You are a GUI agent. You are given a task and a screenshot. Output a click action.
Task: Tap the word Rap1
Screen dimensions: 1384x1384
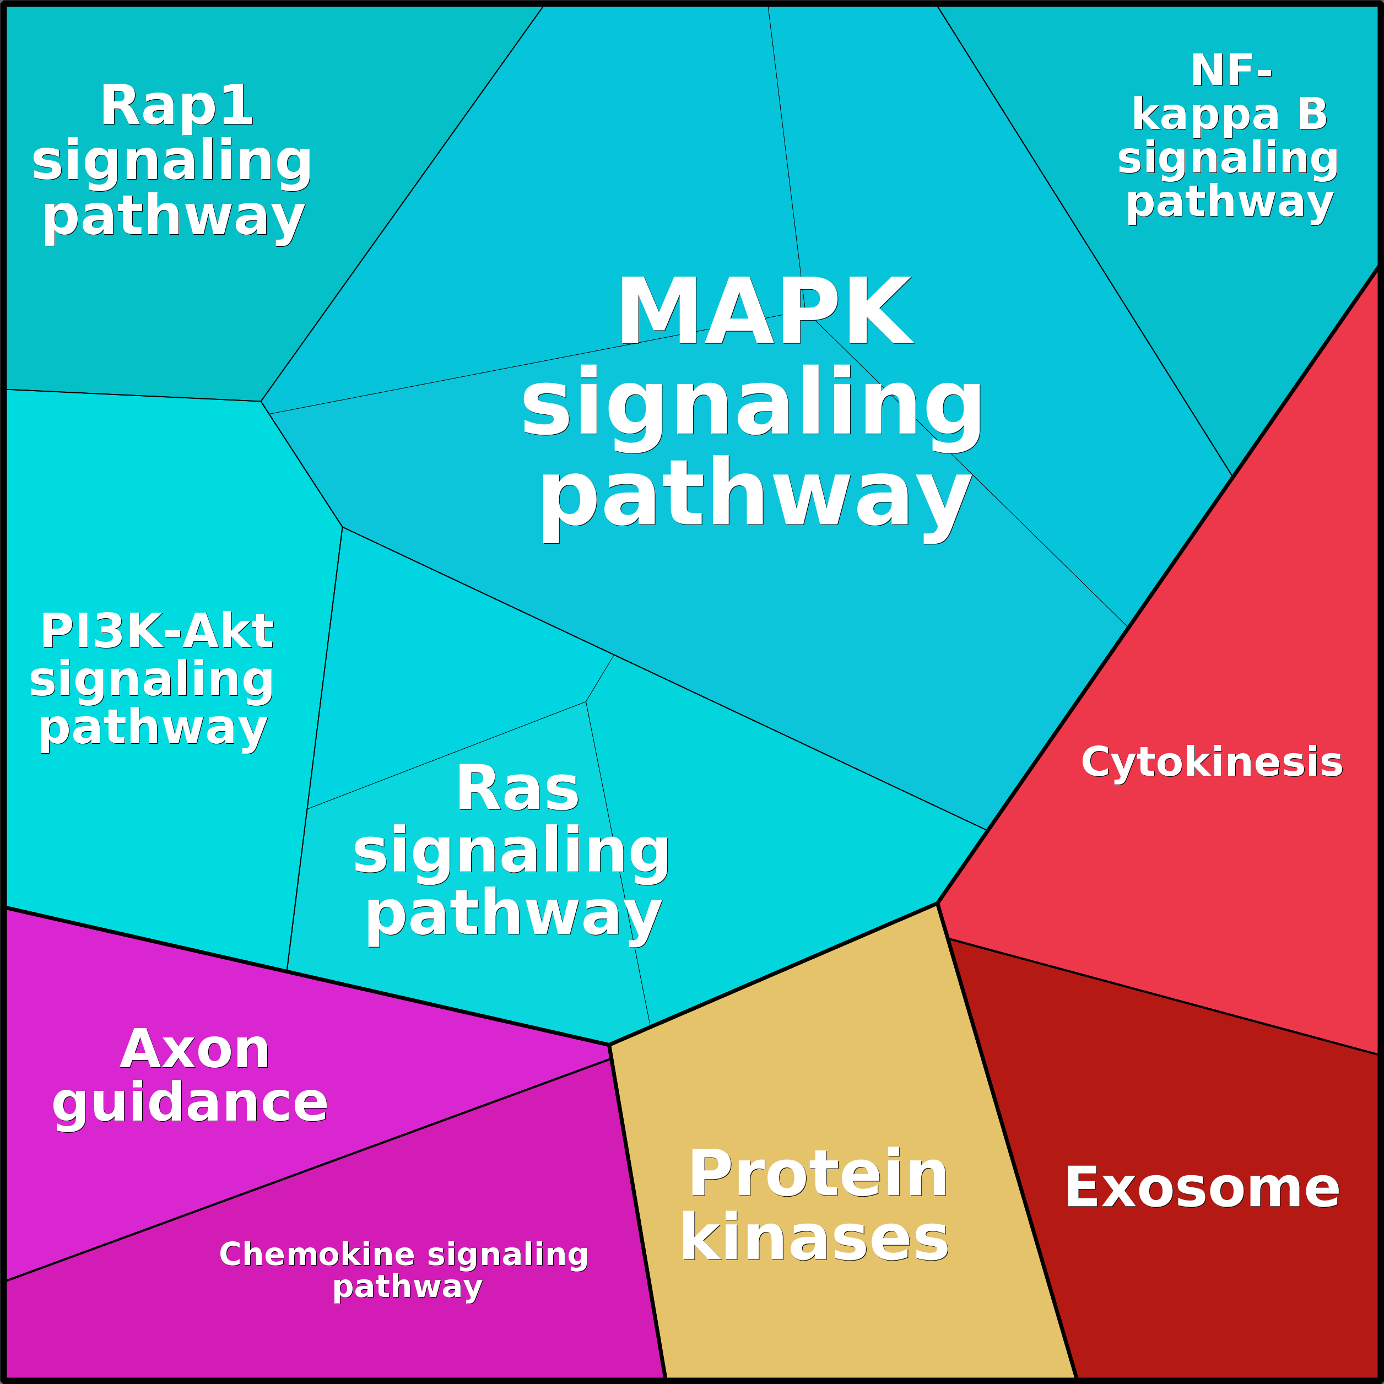point(177,106)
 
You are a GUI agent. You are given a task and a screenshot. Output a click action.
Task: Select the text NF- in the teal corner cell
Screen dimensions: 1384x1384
point(1231,71)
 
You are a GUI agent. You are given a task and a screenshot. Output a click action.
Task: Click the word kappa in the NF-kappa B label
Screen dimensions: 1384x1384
point(1205,115)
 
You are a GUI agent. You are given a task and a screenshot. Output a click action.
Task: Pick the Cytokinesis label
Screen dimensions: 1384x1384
point(1212,761)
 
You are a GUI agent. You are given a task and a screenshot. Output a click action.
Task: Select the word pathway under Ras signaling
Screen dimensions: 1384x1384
point(513,915)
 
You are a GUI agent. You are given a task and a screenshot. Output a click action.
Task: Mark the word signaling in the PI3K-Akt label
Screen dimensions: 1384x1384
point(152,680)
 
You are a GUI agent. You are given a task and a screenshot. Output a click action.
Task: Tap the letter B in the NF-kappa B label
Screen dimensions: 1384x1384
point(1312,115)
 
